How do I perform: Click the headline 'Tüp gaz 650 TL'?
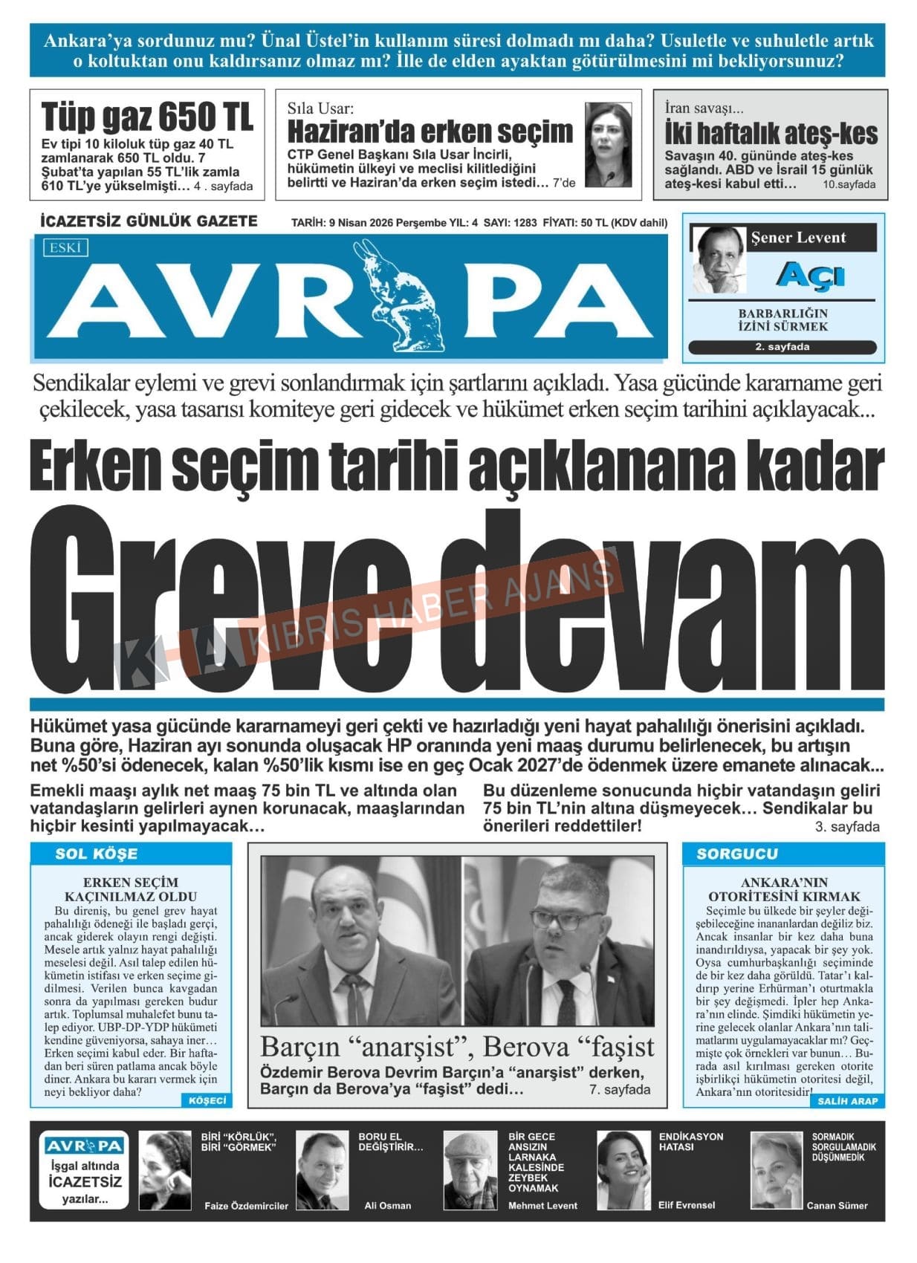[147, 117]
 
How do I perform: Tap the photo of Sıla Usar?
[607, 145]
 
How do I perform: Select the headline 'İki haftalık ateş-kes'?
[771, 134]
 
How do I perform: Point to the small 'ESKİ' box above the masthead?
[65, 247]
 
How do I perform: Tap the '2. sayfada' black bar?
[782, 347]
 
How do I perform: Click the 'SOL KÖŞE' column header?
[96, 854]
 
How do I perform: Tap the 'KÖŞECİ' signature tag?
[206, 1100]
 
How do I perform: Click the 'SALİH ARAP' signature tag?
[846, 1101]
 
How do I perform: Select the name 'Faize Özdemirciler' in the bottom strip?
[246, 1206]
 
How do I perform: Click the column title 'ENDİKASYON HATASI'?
[690, 1142]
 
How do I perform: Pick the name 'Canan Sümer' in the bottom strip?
[837, 1206]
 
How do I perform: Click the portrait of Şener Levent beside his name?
[719, 259]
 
